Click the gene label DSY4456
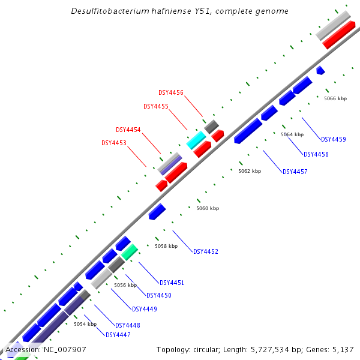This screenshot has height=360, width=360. click(x=171, y=92)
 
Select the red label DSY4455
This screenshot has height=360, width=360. click(x=156, y=106)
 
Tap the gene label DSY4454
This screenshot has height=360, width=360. click(x=128, y=130)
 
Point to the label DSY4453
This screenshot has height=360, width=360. click(x=114, y=143)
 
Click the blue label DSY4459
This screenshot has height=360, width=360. click(x=333, y=139)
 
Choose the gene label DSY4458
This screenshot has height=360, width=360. click(x=316, y=154)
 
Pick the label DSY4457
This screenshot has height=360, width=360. click(x=295, y=172)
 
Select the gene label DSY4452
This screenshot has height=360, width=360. click(x=206, y=251)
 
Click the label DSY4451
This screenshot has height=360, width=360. click(x=172, y=283)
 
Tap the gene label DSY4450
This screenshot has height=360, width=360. click(x=159, y=295)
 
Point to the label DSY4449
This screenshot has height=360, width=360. click(x=145, y=309)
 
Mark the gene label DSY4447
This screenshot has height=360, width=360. click(x=118, y=335)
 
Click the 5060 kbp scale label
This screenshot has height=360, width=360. click(x=208, y=208)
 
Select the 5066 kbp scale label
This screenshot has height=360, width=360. click(x=335, y=98)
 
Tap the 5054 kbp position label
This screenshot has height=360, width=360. click(x=85, y=324)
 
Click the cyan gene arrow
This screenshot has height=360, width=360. click(x=196, y=140)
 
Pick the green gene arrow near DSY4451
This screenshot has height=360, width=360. click(x=130, y=252)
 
